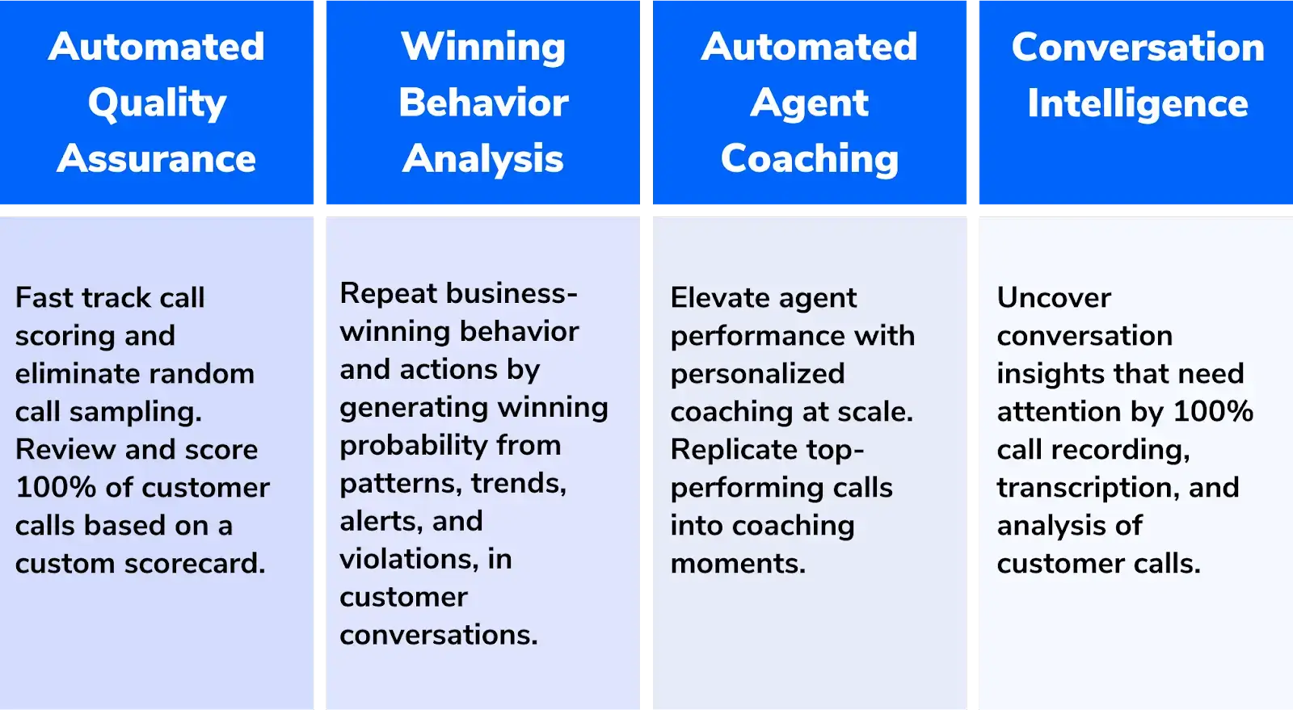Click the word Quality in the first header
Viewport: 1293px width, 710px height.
point(157,103)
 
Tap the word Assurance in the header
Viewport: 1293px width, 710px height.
point(157,158)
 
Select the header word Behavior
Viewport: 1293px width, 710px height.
point(483,103)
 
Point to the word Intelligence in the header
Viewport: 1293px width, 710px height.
point(1138,103)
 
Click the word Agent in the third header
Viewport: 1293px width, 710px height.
point(809,103)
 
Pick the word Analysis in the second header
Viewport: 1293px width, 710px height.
point(483,158)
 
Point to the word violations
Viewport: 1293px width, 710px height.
point(409,559)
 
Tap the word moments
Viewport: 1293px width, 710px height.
point(738,563)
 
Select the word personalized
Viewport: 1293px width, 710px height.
point(757,373)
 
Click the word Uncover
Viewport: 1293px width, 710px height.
point(1054,297)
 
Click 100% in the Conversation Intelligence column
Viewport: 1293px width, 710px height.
point(1213,411)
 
